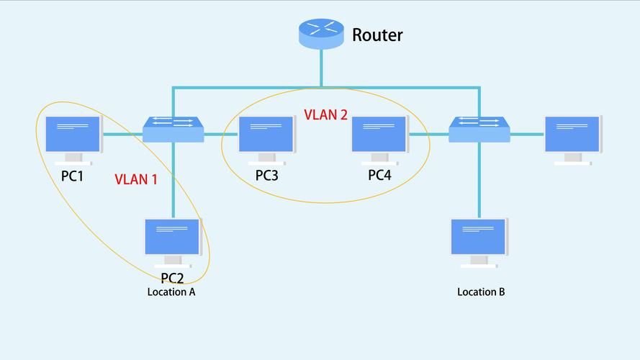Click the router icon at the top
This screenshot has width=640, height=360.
(321, 34)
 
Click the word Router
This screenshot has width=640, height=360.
(377, 35)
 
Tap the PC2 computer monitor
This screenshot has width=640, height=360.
(173, 238)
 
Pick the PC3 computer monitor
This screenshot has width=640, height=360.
(266, 135)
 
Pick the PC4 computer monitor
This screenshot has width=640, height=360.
(379, 135)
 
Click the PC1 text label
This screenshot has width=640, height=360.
(72, 175)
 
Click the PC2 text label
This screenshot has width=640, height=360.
(172, 278)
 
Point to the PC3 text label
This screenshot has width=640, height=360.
(266, 175)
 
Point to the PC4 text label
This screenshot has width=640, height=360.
(379, 175)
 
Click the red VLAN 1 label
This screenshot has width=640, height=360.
(136, 179)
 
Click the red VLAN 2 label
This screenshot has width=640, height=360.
(325, 114)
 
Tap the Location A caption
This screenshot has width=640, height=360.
(171, 292)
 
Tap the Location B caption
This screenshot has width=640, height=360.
(481, 292)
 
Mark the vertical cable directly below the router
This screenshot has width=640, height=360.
(321, 69)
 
